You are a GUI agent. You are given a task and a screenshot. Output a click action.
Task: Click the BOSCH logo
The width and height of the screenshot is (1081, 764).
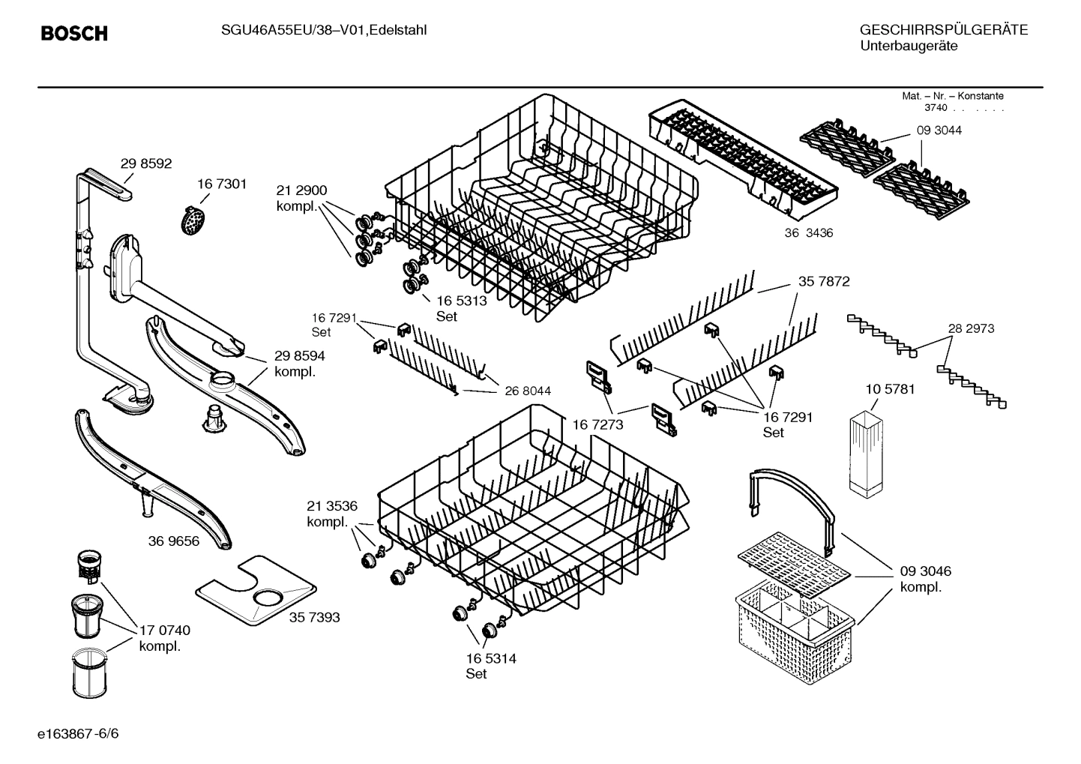73,34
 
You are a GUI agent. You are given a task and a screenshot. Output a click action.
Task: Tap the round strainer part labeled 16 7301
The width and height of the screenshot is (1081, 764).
193,219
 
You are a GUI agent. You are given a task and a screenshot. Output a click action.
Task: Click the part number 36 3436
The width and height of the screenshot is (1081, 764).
809,233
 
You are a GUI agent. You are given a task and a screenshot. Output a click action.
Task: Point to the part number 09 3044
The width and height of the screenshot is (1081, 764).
939,130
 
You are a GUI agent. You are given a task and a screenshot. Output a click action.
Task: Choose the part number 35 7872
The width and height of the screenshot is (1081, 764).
824,282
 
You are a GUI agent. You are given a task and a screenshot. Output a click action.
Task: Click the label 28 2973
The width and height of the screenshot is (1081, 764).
971,328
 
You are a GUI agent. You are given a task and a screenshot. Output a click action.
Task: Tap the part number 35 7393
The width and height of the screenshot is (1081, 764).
314,618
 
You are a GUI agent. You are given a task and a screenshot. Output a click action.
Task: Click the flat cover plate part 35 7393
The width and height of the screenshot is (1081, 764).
255,592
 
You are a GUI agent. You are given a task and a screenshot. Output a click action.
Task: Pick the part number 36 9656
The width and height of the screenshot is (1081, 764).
174,541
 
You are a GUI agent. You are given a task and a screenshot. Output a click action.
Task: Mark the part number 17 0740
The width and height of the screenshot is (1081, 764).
165,631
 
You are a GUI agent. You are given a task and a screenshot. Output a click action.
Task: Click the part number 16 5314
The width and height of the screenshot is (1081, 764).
491,659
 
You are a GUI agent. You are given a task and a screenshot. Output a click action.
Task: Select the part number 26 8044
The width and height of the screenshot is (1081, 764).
528,391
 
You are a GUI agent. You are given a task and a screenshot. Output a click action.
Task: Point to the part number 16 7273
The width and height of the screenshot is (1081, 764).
597,425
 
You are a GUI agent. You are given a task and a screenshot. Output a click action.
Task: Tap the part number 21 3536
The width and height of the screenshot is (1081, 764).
332,505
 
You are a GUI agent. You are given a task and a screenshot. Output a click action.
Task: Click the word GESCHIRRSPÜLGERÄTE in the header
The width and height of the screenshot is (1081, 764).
943,30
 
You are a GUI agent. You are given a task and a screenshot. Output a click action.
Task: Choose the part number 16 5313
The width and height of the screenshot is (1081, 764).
462,301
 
